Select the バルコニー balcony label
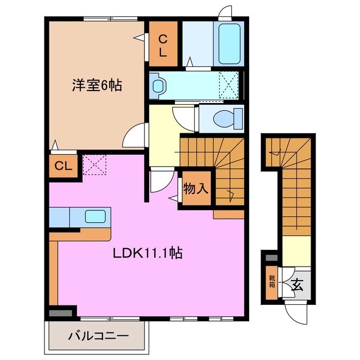(x=98, y=336)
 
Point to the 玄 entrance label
(x=298, y=285)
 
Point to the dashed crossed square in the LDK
(x=94, y=165)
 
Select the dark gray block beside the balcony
(x=62, y=311)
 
